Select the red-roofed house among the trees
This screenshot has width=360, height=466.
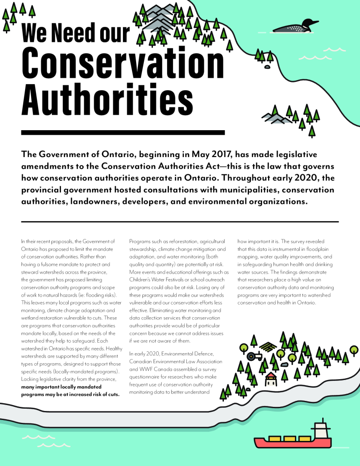(x=271, y=379)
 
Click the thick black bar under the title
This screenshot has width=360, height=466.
(x=123, y=132)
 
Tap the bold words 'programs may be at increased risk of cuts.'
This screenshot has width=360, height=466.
(x=70, y=394)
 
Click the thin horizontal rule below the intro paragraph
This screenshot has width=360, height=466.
(x=180, y=222)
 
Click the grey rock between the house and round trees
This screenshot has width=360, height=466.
(x=284, y=365)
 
